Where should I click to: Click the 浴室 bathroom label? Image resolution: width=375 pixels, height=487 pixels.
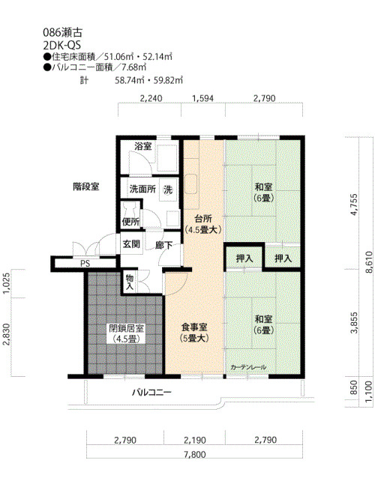[143, 146]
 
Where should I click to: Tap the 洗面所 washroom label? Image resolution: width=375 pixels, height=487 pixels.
[142, 189]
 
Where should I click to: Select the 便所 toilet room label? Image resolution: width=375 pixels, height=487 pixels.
[130, 222]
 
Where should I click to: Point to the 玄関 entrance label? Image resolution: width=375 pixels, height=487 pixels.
[131, 244]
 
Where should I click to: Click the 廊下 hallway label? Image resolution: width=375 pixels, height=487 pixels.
[163, 245]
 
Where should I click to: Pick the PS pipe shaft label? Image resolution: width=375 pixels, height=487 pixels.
[85, 264]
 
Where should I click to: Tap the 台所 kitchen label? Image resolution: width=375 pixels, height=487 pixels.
[203, 219]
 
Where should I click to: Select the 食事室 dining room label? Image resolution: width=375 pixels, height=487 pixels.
[194, 327]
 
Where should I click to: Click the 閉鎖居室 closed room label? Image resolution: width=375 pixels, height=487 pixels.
[126, 328]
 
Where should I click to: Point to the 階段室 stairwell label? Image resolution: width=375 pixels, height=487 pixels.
[86, 187]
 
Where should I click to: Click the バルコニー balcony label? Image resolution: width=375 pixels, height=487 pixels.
[151, 393]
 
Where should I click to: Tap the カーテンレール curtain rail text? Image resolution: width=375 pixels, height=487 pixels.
[248, 367]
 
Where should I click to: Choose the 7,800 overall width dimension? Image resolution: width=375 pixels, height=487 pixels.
[195, 455]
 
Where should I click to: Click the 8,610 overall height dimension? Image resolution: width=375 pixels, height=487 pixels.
[369, 262]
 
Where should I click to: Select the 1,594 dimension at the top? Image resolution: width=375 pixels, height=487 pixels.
[203, 98]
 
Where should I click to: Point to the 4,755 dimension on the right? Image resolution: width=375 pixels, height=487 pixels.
[354, 205]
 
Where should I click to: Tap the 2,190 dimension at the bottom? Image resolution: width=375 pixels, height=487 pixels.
[195, 440]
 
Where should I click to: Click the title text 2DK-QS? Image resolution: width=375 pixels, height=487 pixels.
[62, 46]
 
